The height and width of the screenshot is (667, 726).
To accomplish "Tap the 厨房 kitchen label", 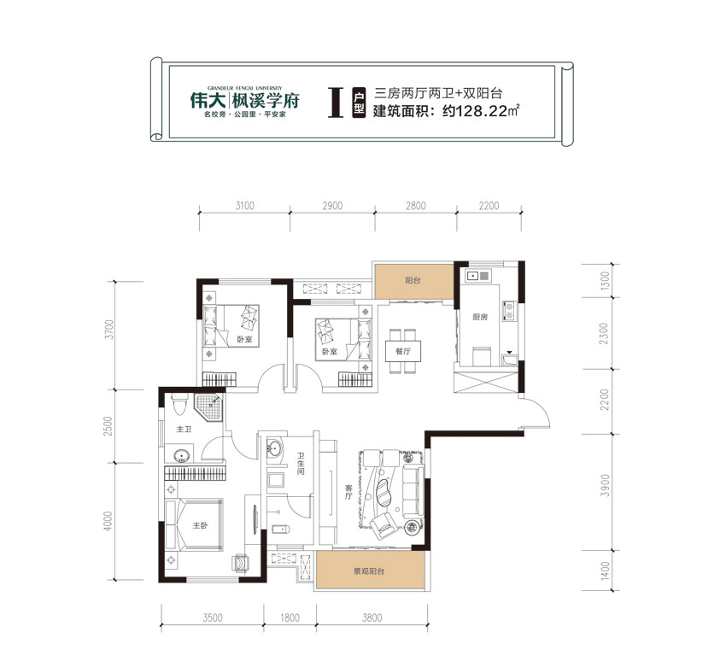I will pos(479,317).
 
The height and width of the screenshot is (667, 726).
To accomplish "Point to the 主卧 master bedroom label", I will pos(200,525).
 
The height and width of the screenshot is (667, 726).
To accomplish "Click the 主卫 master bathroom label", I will pos(182,429).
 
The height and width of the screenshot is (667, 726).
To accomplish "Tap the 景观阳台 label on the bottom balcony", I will pos(368,571).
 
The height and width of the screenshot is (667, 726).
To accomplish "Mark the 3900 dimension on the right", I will pos(605,488).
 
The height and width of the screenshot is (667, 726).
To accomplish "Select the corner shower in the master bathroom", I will pos(209,409).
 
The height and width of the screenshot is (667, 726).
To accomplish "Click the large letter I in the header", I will pos(336,101).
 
